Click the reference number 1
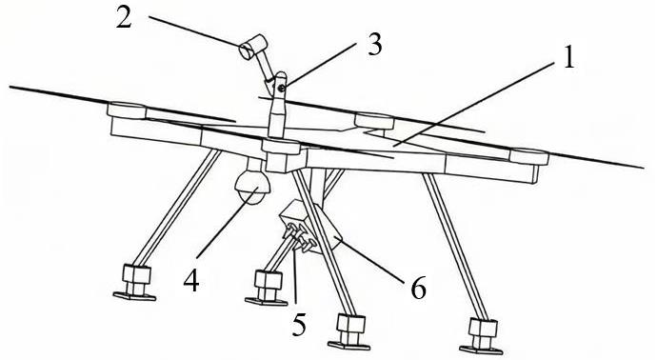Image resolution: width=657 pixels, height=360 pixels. click(568, 58)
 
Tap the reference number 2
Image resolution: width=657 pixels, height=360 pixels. click(124, 18)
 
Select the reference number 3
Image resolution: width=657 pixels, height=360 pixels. click(374, 45)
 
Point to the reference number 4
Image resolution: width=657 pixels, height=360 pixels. click(191, 280)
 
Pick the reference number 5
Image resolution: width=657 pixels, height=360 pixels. click(299, 324)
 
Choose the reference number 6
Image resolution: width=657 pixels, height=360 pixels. click(418, 289)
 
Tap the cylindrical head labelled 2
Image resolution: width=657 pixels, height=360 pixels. click(253, 46)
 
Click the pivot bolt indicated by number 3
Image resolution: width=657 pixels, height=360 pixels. click(282, 88)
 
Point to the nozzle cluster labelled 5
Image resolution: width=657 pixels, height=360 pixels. click(300, 238)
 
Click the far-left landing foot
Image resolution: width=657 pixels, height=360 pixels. click(135, 283)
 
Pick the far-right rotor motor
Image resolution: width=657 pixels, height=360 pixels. click(528, 156)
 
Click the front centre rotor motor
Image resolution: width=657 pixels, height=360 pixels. click(281, 147)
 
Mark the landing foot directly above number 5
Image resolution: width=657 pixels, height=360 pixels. click(267, 288)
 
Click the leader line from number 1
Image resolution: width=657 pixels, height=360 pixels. click(474, 104)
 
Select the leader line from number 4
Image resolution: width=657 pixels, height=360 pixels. click(228, 223)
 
